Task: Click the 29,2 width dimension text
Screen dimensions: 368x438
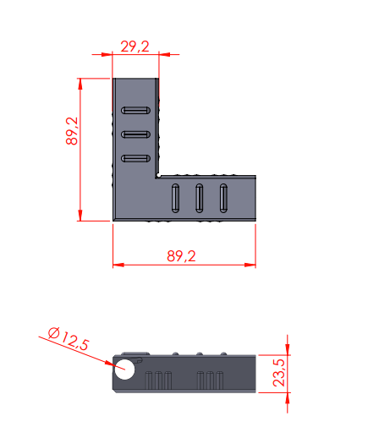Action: click(135, 47)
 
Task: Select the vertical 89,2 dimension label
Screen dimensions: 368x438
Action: click(72, 131)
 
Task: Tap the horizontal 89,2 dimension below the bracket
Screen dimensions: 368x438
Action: click(181, 256)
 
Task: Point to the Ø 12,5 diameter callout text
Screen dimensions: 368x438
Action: click(69, 338)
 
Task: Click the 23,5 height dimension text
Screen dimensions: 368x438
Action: click(279, 373)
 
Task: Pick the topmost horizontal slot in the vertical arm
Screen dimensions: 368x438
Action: click(135, 110)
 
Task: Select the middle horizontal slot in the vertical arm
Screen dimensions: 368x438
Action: click(135, 134)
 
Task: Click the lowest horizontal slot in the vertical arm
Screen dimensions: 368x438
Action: click(135, 158)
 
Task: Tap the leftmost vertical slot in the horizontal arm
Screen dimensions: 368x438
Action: click(175, 198)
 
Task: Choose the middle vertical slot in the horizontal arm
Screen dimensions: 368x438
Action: click(200, 198)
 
